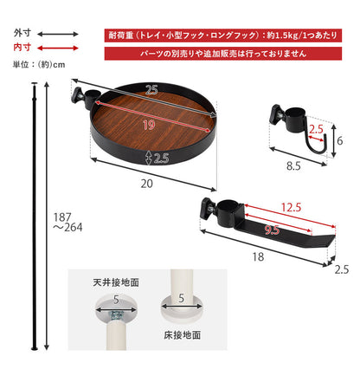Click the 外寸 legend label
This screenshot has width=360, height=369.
(x=22, y=33)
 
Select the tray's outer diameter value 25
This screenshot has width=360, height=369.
(x=151, y=90)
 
